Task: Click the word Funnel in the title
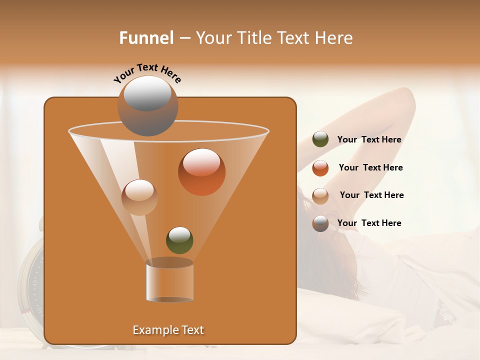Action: coord(146,38)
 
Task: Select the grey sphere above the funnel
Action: coord(147,105)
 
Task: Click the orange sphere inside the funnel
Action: coord(201,171)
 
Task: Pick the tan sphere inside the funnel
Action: coord(139,197)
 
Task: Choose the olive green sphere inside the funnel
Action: coord(179,240)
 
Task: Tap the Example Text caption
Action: coord(168,330)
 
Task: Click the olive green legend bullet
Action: coord(320,139)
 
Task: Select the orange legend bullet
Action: coord(320,168)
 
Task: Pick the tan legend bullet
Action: coord(320,196)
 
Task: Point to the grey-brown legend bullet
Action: coord(320,223)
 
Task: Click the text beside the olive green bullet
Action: coord(369,140)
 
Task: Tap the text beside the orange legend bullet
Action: coord(370,168)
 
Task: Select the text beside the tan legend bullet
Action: coord(371,195)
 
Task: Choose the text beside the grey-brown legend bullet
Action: coord(369,223)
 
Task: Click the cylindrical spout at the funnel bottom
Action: coord(169,281)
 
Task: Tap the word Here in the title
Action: coord(335,38)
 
